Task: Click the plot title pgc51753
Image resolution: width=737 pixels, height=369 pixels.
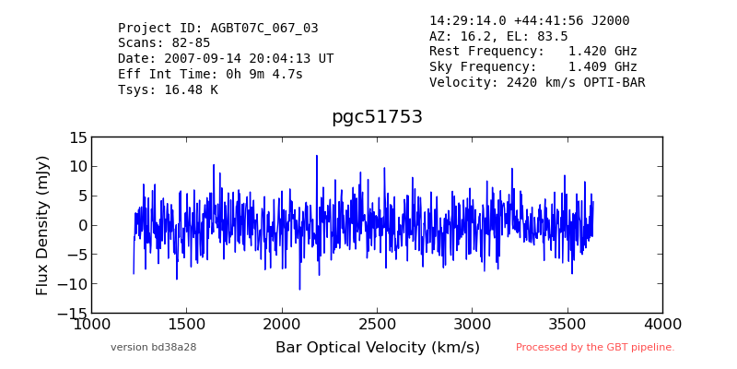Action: (377, 117)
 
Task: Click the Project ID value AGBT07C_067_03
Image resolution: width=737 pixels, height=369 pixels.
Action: (264, 29)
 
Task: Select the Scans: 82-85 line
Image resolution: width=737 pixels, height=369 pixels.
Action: (164, 43)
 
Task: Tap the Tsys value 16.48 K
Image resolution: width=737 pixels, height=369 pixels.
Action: (191, 89)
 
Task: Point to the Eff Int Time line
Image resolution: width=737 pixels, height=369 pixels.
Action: (210, 74)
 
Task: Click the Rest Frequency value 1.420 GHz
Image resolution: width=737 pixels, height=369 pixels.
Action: (602, 52)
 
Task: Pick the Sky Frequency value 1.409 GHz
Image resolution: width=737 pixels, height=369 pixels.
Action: (602, 66)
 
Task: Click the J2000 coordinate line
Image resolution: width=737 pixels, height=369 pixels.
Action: (529, 20)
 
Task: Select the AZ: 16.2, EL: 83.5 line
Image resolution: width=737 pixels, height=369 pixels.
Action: (498, 36)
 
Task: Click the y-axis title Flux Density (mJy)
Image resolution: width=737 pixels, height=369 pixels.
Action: (42, 225)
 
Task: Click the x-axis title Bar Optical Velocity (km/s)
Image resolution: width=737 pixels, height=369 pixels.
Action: (378, 348)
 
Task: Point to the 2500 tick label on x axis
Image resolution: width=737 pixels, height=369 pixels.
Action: (378, 325)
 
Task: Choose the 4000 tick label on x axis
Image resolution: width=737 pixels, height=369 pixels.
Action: (662, 325)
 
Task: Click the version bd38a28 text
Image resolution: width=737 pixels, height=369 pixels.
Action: (153, 348)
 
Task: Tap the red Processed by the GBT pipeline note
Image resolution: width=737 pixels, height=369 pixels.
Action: (595, 348)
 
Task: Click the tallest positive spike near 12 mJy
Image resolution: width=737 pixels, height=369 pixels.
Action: (316, 156)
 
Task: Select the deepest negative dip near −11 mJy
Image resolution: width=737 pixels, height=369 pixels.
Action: (299, 289)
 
